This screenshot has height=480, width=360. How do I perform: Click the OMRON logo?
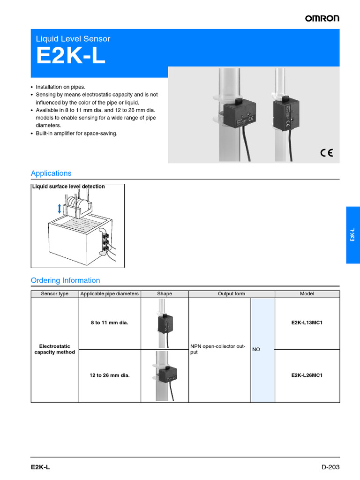[322, 18]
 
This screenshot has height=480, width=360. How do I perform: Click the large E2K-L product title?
[71, 57]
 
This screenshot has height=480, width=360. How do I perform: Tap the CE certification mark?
[326, 152]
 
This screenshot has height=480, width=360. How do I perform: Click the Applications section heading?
[51, 173]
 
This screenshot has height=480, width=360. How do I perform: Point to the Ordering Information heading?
[65, 280]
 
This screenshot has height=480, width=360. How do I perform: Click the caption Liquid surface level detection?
[68, 187]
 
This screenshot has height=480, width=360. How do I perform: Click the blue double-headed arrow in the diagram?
[59, 208]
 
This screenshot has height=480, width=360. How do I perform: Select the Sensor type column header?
[55, 294]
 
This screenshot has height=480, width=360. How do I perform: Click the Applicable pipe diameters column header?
[110, 294]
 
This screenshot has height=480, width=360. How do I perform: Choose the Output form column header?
[231, 294]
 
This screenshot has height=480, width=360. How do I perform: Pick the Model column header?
[307, 294]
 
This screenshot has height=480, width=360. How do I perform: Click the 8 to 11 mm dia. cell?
[110, 323]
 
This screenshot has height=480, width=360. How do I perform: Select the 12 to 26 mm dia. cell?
[110, 375]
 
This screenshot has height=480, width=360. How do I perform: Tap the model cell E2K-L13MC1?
[307, 323]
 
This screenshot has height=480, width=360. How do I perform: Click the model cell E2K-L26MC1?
[307, 375]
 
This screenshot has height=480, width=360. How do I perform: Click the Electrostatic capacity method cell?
[55, 349]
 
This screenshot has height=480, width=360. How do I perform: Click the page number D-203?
[330, 467]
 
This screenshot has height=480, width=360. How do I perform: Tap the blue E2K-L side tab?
[352, 235]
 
